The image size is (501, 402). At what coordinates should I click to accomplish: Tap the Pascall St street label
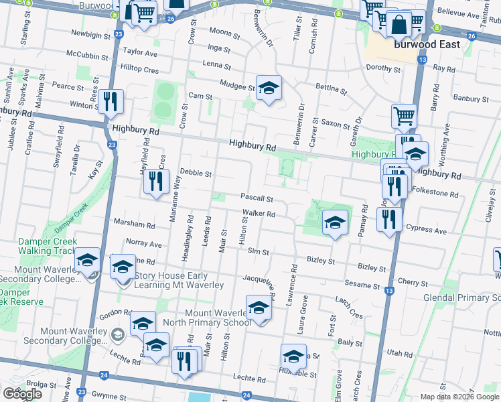click(257, 198)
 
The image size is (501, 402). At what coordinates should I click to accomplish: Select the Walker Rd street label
click(259, 214)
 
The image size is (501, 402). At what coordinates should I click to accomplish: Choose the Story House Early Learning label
click(179, 280)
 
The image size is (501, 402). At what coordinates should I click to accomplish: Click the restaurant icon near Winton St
click(111, 102)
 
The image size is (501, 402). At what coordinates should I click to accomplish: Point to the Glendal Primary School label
click(462, 297)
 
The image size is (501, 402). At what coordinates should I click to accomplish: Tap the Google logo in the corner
click(22, 394)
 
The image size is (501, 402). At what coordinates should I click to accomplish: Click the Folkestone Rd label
click(435, 195)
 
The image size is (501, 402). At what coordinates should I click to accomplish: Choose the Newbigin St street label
click(89, 33)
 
